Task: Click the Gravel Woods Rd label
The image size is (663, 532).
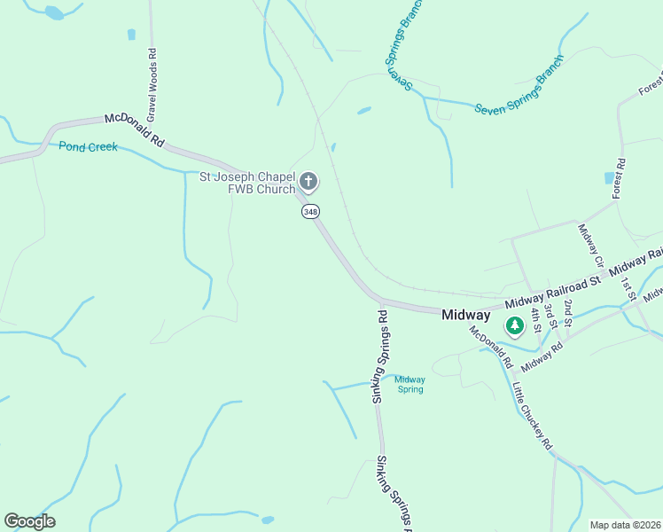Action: tap(152, 84)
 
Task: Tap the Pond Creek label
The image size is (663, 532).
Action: tap(89, 146)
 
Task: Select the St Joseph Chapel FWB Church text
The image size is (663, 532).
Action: tap(246, 183)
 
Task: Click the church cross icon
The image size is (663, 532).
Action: tap(308, 183)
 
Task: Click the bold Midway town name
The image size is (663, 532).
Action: tap(465, 315)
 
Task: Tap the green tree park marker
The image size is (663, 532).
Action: tap(514, 327)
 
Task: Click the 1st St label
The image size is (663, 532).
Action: tap(628, 288)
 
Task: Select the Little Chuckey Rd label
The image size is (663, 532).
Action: tap(532, 416)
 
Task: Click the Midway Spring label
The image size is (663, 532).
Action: tap(409, 384)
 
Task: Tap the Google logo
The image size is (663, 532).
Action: tap(29, 520)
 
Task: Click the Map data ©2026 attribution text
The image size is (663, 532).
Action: tap(624, 525)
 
